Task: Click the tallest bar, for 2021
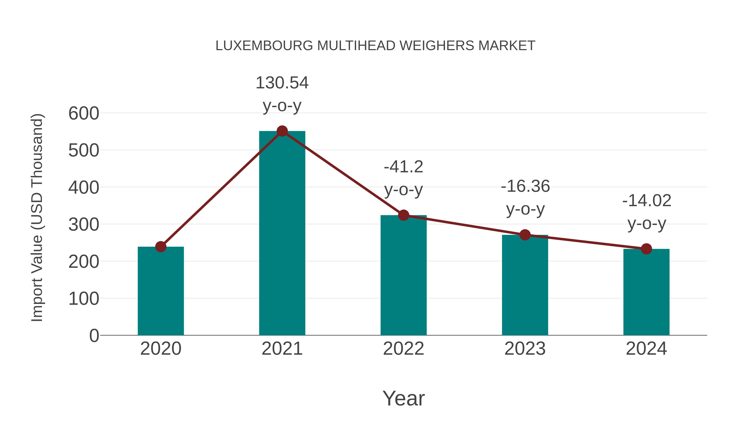pyautogui.click(x=282, y=234)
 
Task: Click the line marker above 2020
pyautogui.click(x=161, y=247)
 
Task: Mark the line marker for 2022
pyautogui.click(x=403, y=215)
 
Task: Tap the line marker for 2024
pyautogui.click(x=646, y=249)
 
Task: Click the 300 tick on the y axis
pyautogui.click(x=84, y=225)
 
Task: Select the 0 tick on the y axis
pyautogui.click(x=94, y=336)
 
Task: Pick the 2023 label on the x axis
pyautogui.click(x=525, y=349)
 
